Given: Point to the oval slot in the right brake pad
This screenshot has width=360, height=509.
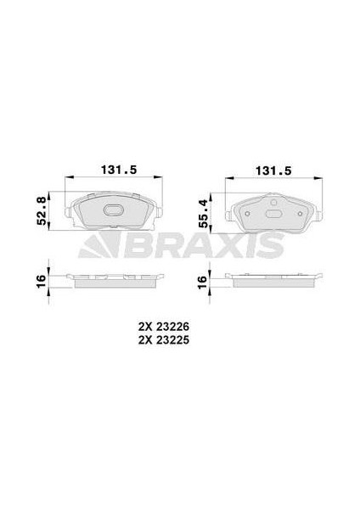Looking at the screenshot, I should [273, 214].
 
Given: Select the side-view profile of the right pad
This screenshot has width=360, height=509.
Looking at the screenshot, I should [273, 279].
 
